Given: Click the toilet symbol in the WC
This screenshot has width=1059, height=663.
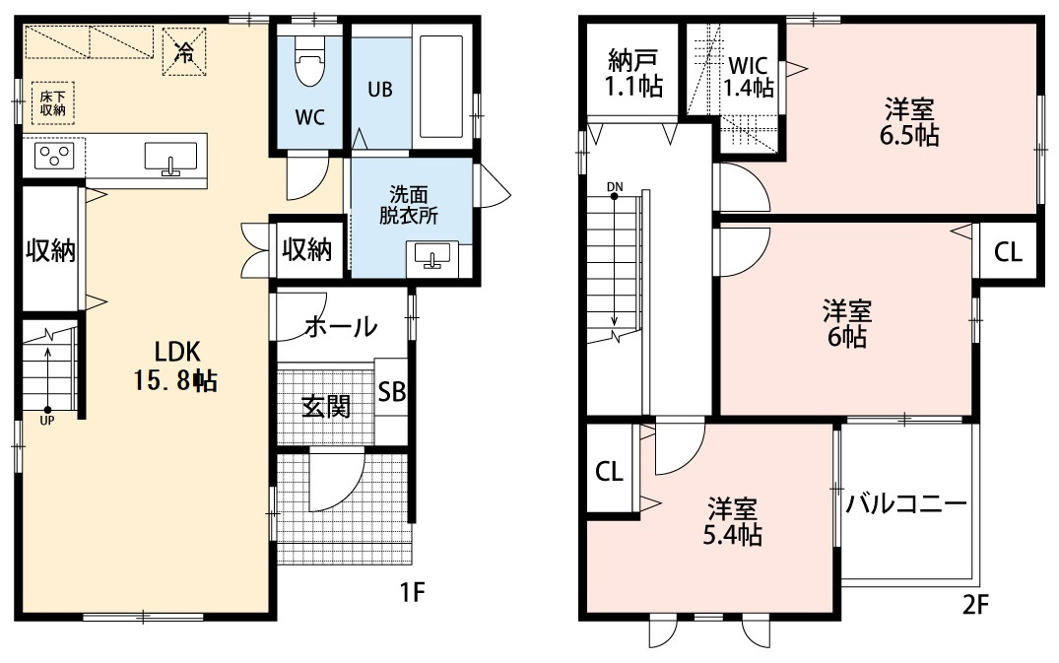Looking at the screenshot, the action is tap(310, 61).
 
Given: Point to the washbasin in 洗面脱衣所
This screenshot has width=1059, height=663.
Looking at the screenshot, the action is tap(431, 256).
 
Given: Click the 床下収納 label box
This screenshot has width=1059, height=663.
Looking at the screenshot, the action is tap(52, 103).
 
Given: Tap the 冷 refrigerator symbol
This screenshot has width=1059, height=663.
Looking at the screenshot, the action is tap(183, 52).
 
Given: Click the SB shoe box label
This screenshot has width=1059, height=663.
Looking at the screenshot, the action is tap(392, 391).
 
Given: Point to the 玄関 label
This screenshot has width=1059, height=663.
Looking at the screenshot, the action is tap(326, 407).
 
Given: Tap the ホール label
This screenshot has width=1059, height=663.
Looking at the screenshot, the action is tap(341, 327).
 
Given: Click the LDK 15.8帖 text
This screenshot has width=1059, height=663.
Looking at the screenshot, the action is tap(175, 366).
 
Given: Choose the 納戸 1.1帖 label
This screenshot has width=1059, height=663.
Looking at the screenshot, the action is tap(632, 73).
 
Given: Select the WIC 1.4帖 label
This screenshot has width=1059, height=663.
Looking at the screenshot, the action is tap(749, 76).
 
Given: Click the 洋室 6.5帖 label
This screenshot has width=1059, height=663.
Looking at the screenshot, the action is tap(909, 121).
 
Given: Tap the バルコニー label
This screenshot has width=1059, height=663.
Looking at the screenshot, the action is tap(905, 503).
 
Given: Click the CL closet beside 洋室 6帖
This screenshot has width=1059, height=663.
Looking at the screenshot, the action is tap(1008, 251).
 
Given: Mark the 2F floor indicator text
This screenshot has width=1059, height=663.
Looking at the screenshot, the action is tap(975, 604).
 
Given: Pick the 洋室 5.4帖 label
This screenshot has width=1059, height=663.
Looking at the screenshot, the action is tap(733, 521).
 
